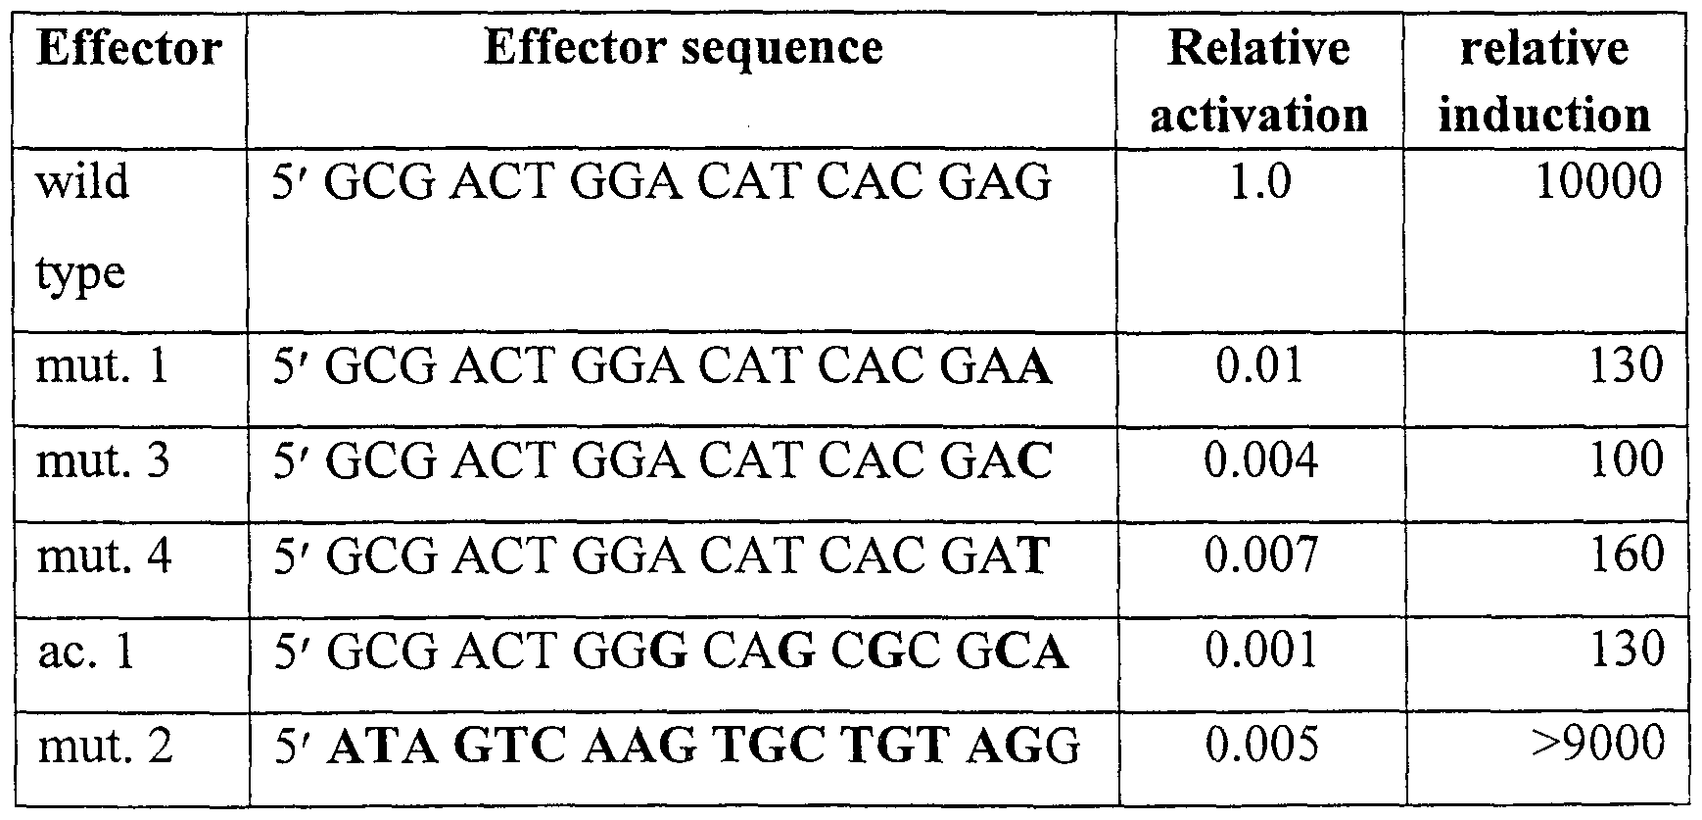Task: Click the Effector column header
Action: click(128, 50)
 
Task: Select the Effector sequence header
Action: click(683, 48)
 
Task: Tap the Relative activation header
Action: click(1258, 81)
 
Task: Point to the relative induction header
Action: click(1544, 81)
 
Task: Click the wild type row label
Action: click(83, 226)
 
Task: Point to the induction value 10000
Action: click(1598, 181)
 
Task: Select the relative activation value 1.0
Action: click(1259, 182)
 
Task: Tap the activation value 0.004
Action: click(1260, 460)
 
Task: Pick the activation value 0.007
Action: click(1260, 555)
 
